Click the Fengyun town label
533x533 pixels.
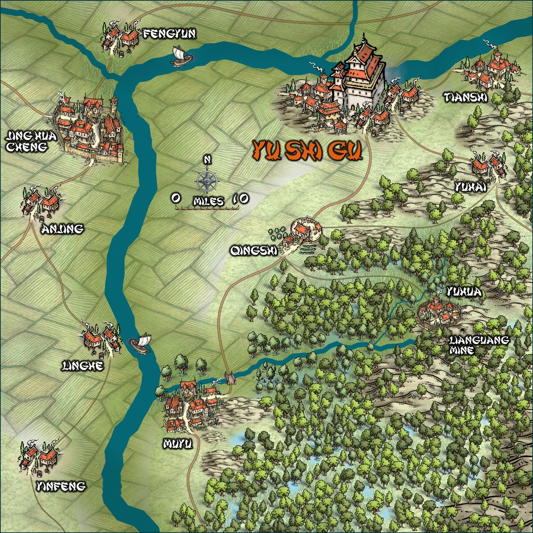(169, 34)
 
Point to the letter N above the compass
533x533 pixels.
(207, 159)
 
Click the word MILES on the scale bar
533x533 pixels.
(208, 202)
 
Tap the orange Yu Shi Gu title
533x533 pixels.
(307, 151)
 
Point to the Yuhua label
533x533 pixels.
(463, 292)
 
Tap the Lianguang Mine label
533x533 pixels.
(479, 345)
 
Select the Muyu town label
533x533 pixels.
(178, 444)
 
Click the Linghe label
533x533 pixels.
(82, 366)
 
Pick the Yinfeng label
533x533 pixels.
(61, 486)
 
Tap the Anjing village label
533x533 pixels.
(62, 229)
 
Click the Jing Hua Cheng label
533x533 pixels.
(26, 141)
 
